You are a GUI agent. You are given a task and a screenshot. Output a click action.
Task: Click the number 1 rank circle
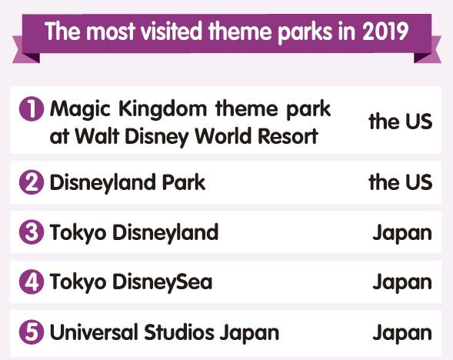pos(32,109)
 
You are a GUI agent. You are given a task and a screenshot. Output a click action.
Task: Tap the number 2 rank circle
pos(32,182)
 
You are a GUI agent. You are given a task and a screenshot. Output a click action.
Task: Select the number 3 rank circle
pos(32,232)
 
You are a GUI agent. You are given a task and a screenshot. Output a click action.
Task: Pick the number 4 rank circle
pos(32,282)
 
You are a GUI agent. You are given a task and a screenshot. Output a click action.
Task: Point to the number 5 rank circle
pos(32,332)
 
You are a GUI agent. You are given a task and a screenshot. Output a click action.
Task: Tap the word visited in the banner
pos(172,32)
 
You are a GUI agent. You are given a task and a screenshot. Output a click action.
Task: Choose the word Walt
pos(97,135)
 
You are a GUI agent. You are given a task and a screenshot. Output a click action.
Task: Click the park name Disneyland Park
pos(128,183)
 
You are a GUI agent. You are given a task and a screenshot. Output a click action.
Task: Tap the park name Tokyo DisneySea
pos(131,282)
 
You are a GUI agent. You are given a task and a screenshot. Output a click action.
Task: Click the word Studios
pos(179,332)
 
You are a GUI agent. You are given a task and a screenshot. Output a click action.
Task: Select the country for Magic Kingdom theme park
pos(401,121)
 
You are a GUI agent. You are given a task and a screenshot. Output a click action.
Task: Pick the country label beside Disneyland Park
pos(401,182)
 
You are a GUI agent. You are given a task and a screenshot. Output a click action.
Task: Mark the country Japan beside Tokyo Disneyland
pos(402,233)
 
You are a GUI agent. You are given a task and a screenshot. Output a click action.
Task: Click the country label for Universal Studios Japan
pos(402,333)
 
